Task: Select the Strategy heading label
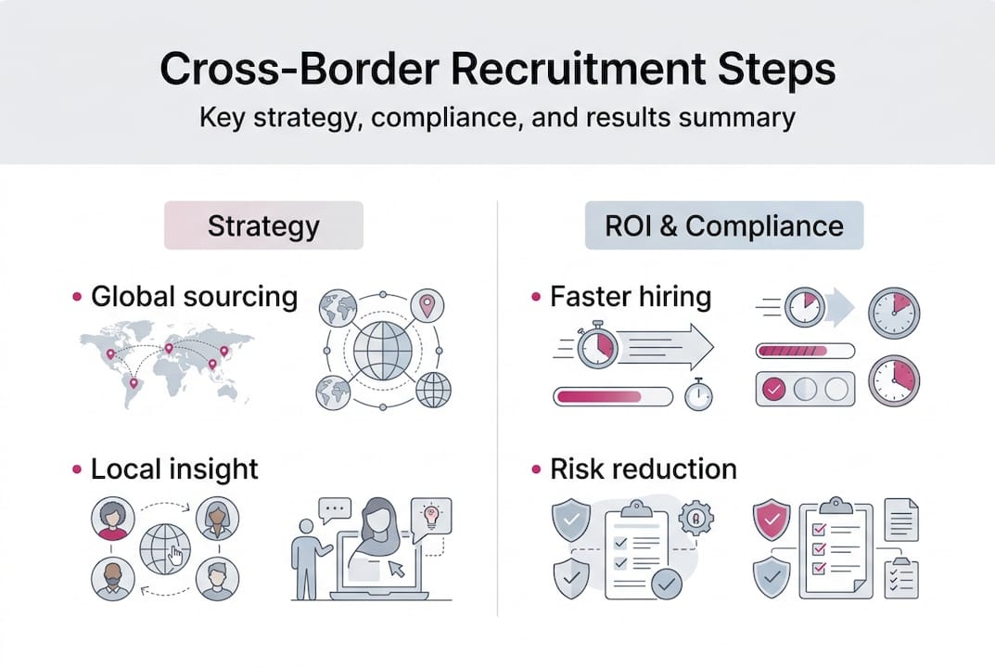[263, 226]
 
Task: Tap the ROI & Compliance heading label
[723, 226]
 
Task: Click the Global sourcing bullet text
[194, 297]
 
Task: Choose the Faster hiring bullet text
[631, 297]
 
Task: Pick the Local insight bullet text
[174, 469]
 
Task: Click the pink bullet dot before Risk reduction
[537, 469]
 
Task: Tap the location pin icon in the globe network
[427, 305]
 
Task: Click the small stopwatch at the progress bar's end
[698, 395]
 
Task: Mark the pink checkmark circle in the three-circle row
[771, 390]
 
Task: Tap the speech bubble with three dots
[334, 509]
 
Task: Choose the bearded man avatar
[112, 579]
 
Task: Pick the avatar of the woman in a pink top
[112, 519]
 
